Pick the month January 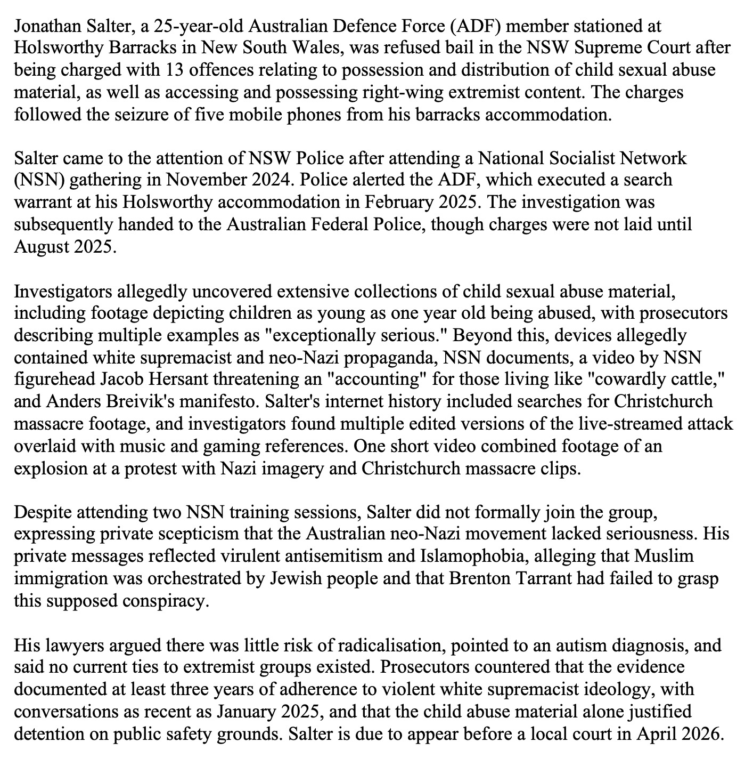(x=247, y=712)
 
